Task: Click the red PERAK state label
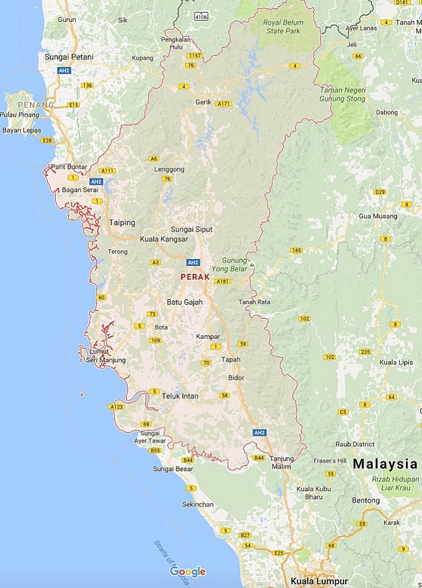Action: point(195,277)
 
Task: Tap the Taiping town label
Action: point(122,223)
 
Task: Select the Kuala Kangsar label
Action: point(164,239)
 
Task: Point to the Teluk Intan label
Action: point(180,396)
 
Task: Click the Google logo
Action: point(188,571)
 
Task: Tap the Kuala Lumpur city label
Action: point(319,581)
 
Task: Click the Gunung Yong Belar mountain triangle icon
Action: point(251,265)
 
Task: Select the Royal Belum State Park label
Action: point(283,27)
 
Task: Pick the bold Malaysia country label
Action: point(385,464)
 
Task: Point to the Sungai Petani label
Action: point(69,57)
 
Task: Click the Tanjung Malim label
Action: point(281,462)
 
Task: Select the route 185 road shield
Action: point(296,250)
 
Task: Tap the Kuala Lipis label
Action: point(397,362)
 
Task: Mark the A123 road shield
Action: point(115,407)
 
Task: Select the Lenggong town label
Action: point(169,169)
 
